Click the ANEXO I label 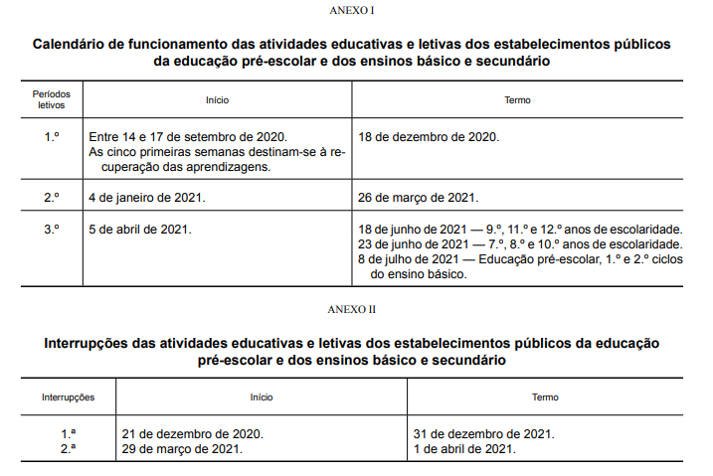coord(356,11)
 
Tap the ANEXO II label coord(356,309)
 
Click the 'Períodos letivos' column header coord(51,99)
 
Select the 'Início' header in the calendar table coord(218,100)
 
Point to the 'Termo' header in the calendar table coord(517,100)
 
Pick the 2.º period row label coord(52,198)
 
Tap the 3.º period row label coord(52,230)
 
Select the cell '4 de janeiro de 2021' coord(147,198)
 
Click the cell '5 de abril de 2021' coord(140,230)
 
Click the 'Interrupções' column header coord(69,397)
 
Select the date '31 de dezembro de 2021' coord(483,434)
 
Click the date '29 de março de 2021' coord(182,449)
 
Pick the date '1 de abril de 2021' coord(464,449)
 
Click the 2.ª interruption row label coord(69,449)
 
